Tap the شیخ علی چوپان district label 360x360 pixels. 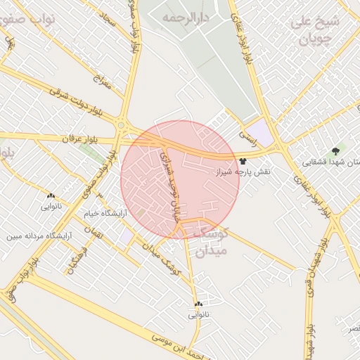pos(315,29)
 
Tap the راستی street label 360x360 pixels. pos(247,130)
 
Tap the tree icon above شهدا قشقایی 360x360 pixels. pos(335,150)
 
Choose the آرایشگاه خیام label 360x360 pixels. pos(105,212)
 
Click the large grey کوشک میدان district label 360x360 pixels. pos(210,240)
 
